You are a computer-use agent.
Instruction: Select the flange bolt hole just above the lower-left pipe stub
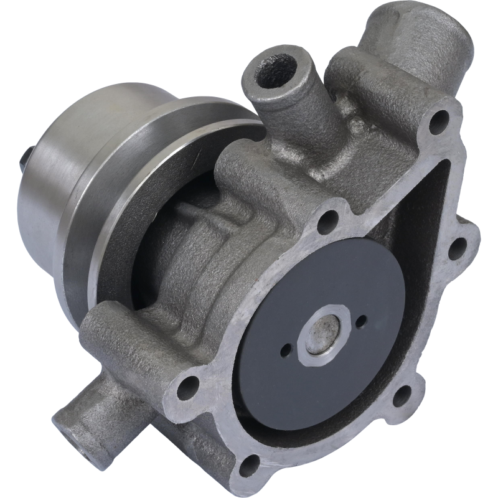187,388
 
